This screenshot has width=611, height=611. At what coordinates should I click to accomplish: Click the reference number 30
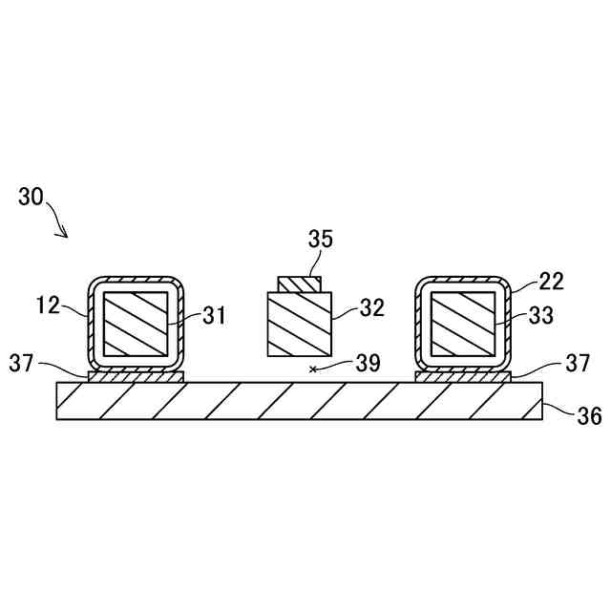click(31, 198)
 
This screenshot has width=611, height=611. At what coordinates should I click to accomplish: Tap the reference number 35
click(320, 239)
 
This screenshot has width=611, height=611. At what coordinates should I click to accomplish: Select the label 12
click(48, 305)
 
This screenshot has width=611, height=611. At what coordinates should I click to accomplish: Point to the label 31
click(215, 316)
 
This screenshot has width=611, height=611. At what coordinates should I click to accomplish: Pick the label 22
click(551, 281)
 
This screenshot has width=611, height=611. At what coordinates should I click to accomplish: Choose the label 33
click(541, 317)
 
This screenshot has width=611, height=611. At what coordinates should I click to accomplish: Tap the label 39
click(368, 363)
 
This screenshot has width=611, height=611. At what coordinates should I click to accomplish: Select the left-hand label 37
click(23, 363)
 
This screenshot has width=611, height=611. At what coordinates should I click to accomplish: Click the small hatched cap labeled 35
click(300, 284)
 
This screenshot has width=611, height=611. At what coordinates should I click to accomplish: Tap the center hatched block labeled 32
click(300, 325)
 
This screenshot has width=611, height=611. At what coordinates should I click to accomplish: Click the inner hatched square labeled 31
click(135, 325)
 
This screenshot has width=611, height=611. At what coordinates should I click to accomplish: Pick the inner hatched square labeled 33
click(463, 325)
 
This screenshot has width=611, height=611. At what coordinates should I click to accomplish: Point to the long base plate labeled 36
click(300, 401)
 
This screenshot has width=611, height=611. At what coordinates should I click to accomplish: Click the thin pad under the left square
click(135, 377)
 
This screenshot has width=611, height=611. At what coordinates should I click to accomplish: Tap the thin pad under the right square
click(464, 377)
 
